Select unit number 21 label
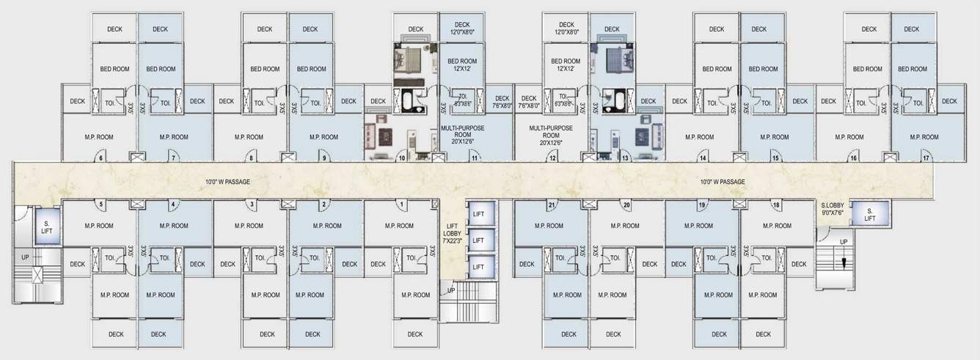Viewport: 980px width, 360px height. point(551,205)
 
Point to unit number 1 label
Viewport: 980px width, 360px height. point(403,205)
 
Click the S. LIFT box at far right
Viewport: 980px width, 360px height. point(870,214)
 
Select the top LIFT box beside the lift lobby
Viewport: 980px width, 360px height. point(478,214)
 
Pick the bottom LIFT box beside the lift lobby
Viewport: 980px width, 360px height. point(478,267)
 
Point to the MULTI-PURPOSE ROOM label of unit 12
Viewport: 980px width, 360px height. point(550,136)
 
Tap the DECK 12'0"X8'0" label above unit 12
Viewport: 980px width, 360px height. point(566,28)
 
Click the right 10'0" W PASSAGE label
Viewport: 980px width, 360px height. point(722,182)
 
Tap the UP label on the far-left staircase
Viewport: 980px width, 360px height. point(26,257)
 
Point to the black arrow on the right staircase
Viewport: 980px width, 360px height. point(844,261)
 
